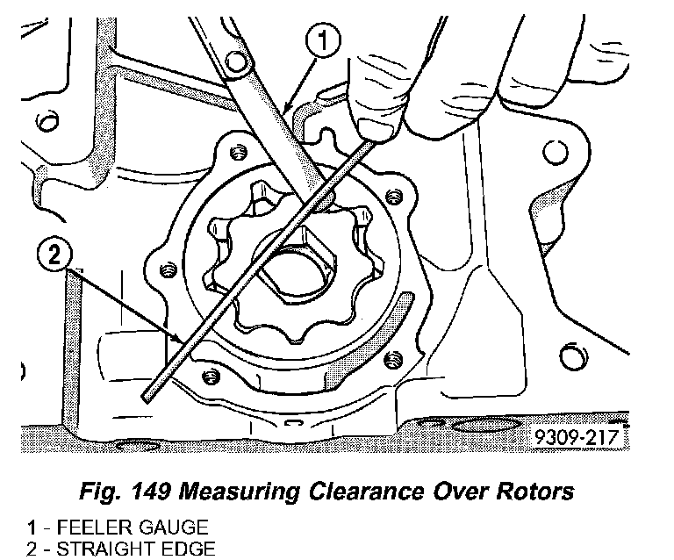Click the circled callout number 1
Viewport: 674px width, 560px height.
tap(325, 40)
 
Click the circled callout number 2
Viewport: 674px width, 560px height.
tap(54, 256)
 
